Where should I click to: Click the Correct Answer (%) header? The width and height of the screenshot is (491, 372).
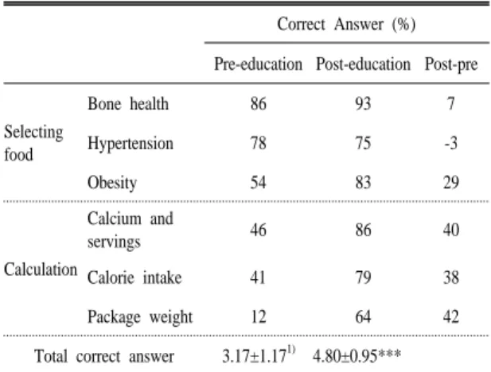346,25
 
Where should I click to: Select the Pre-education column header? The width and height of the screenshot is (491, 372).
258,64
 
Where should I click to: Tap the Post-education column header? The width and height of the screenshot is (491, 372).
363,64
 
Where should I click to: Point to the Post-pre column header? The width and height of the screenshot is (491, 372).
451,64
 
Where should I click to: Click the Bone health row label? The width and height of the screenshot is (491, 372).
128,103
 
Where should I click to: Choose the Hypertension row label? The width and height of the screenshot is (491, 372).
131,144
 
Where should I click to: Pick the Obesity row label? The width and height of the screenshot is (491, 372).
112,183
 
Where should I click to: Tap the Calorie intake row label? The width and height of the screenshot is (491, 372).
134,277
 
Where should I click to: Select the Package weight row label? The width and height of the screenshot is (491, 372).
140,317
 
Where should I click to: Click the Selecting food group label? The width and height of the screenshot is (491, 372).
33,143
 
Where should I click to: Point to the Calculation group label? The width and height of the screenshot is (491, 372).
41,269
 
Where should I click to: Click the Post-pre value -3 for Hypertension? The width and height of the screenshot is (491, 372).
451,143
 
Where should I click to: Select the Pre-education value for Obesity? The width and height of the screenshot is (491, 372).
258,182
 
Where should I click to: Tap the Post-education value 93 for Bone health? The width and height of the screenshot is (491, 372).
363,103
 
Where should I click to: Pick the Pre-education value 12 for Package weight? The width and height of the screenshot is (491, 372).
259,316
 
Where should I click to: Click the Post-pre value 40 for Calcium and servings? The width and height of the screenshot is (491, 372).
451,230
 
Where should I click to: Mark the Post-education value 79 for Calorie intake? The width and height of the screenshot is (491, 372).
363,277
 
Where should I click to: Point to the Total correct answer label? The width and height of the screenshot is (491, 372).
104,357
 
